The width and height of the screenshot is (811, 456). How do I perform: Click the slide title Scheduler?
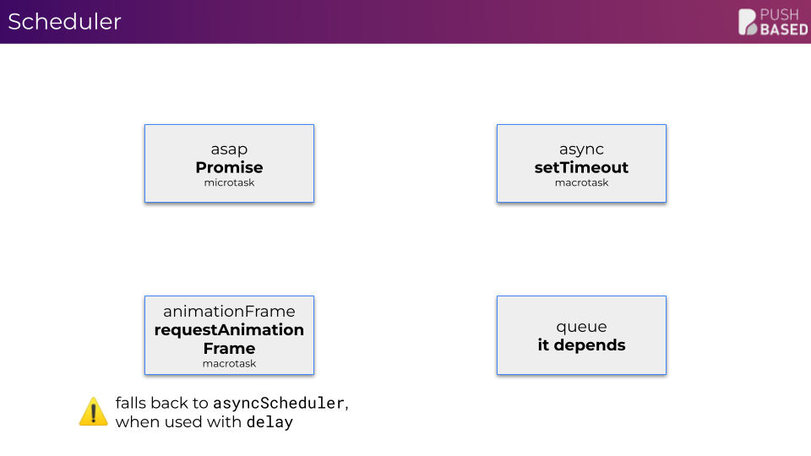point(65,22)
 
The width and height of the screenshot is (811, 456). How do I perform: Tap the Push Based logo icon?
point(748,22)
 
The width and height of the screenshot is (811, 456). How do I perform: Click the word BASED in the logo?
point(784,30)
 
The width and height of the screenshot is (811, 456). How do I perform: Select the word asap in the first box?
point(229,149)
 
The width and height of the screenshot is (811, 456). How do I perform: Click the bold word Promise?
point(229,167)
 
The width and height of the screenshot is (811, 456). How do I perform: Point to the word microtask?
point(229,182)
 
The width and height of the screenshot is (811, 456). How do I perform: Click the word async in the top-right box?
point(581,149)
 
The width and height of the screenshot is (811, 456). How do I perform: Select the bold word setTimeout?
point(581,167)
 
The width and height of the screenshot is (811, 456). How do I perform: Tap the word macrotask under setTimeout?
point(581,182)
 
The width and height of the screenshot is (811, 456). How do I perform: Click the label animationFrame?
point(229,312)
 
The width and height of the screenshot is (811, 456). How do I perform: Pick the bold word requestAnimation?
point(229,330)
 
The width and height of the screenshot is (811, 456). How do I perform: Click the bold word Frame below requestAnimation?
point(229,349)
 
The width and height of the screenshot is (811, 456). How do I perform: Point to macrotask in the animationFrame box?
point(229,363)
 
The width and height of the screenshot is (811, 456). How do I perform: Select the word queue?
point(581,328)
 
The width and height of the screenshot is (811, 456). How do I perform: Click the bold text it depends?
point(581,345)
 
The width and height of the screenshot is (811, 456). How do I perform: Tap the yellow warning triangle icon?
point(93,411)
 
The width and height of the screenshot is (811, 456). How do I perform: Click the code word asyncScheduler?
point(279,404)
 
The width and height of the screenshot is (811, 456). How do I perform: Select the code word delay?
point(269,422)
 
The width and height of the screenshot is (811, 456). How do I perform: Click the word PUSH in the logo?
point(780,14)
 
